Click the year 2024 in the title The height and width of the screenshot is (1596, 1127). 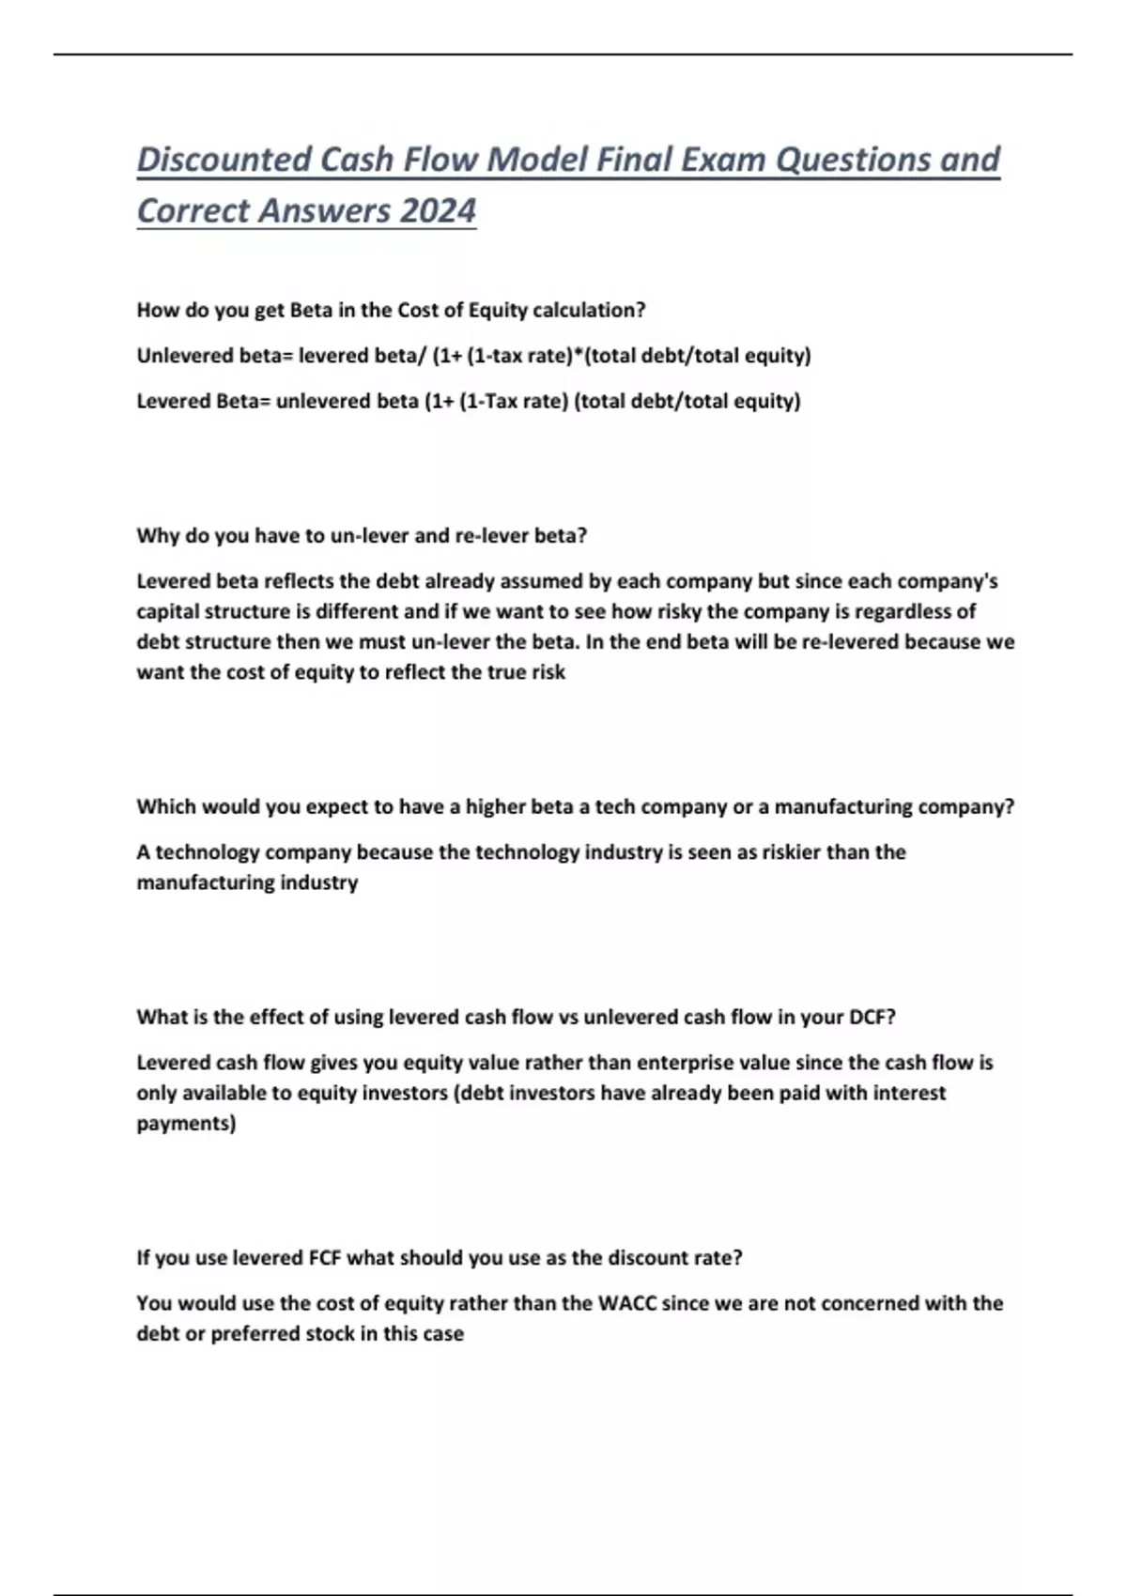tap(438, 210)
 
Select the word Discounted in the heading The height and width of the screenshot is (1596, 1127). tap(224, 160)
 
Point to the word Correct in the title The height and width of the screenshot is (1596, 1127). tap(193, 210)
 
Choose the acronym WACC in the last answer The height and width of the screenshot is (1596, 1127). tap(627, 1303)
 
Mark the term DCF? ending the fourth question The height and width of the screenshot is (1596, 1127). tap(872, 1017)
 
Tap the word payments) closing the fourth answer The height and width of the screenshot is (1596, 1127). tap(186, 1124)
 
